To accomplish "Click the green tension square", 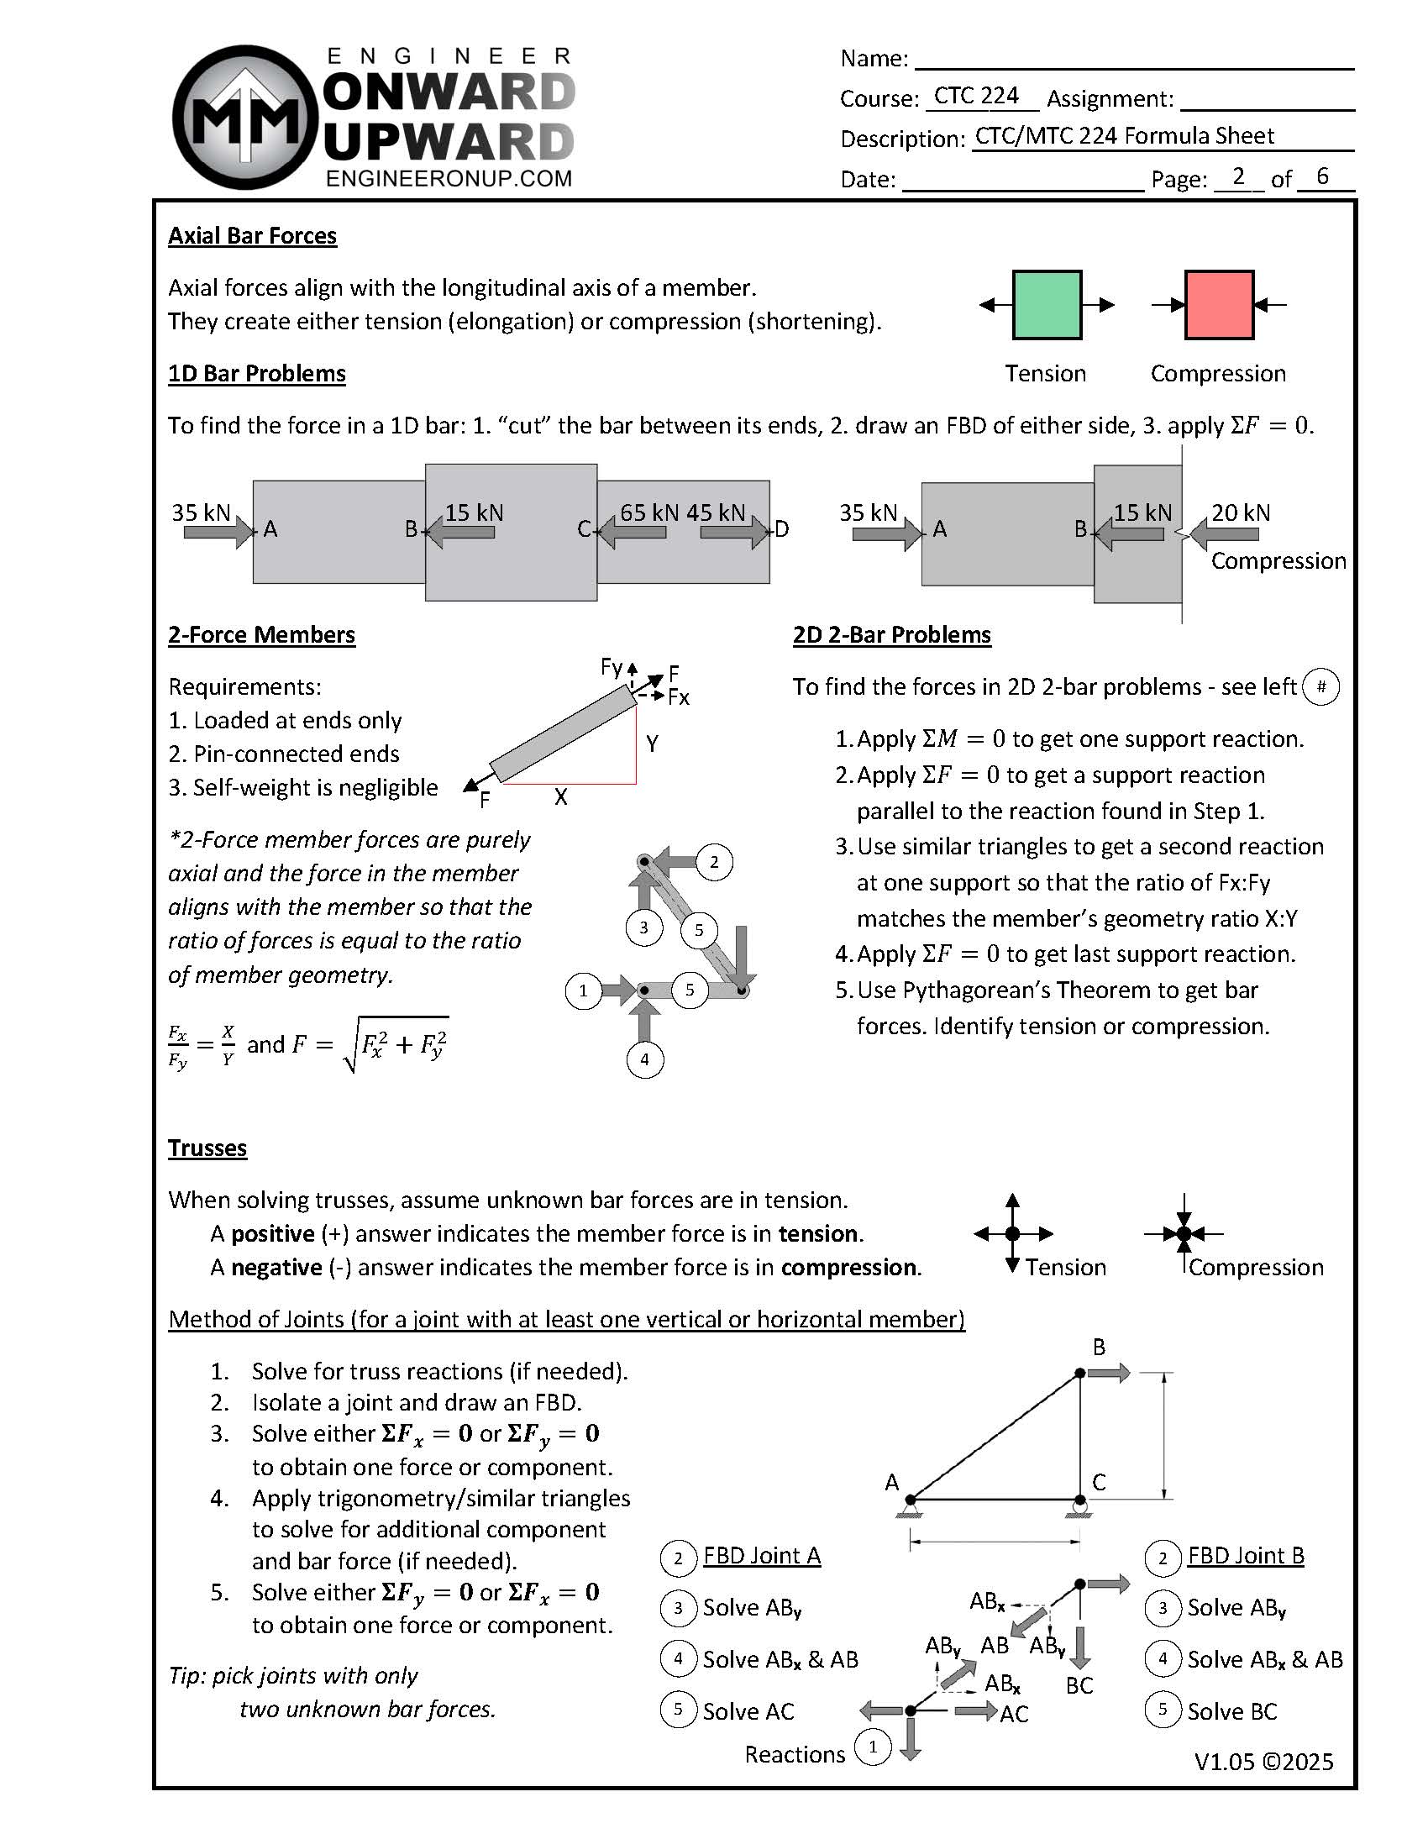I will pyautogui.click(x=1047, y=305).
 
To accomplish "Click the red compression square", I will pyautogui.click(x=1218, y=305).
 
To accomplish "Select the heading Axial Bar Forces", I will pyautogui.click(x=252, y=236).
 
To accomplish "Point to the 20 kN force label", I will pyautogui.click(x=1240, y=512).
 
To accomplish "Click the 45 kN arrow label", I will pyautogui.click(x=716, y=512).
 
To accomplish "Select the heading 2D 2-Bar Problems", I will pyautogui.click(x=891, y=635).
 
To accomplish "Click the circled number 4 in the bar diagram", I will pyautogui.click(x=645, y=1059).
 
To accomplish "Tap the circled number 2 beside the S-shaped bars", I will pyautogui.click(x=714, y=862).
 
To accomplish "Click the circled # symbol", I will pyautogui.click(x=1320, y=687).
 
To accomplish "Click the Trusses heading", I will pyautogui.click(x=207, y=1148).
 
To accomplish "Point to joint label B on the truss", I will pyautogui.click(x=1099, y=1348).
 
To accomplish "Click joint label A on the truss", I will pyautogui.click(x=891, y=1482).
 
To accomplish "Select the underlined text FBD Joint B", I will pyautogui.click(x=1245, y=1556).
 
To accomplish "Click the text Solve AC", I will pyautogui.click(x=748, y=1712).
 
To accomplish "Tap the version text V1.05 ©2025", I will pyautogui.click(x=1263, y=1763).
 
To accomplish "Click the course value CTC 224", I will pyautogui.click(x=976, y=96).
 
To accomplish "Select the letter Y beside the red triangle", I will pyautogui.click(x=652, y=743).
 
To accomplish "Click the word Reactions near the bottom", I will pyautogui.click(x=794, y=1755).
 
